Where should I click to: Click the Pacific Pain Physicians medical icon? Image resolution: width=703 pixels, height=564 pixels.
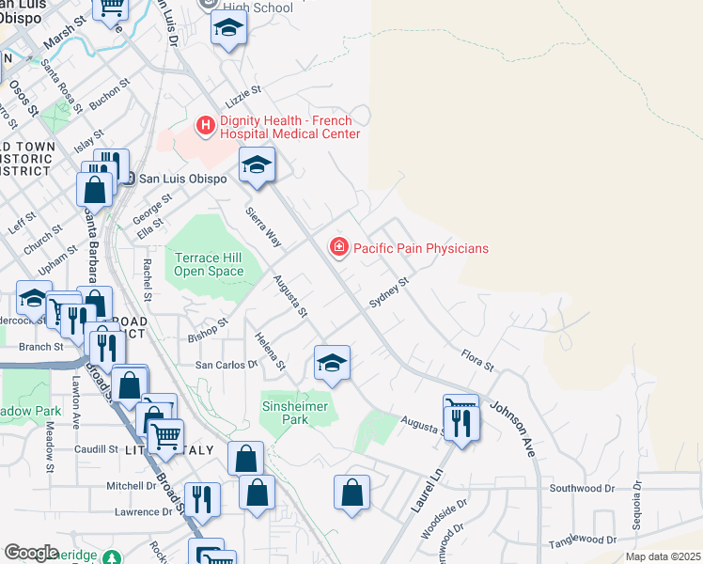(x=337, y=248)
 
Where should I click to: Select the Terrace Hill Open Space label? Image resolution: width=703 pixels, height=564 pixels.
(x=208, y=265)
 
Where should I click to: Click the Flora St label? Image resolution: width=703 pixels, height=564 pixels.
(x=476, y=359)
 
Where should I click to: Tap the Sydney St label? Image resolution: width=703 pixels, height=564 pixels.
(x=389, y=292)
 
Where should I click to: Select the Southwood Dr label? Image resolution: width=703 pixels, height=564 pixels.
(x=581, y=488)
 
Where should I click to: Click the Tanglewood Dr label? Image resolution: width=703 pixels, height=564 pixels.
(x=583, y=540)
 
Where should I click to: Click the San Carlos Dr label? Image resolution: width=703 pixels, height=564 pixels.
(x=226, y=365)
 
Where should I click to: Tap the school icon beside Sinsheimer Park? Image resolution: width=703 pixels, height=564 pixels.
(x=332, y=363)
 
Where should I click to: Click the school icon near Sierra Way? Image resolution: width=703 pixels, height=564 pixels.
(x=257, y=164)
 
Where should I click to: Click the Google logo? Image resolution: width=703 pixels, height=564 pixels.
(x=31, y=553)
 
